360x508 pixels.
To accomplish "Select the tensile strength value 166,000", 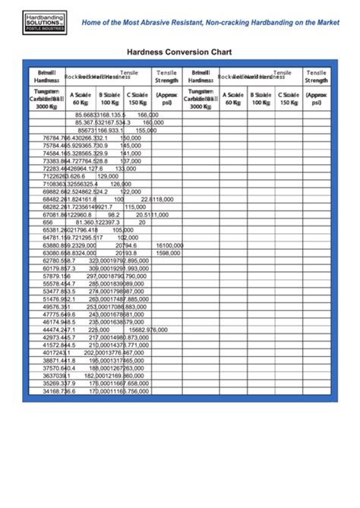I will tap(148, 114).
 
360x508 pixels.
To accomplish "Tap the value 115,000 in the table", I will tap(135, 207).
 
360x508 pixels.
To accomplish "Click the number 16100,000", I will tap(169, 245).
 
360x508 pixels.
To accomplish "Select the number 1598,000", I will tap(168, 253).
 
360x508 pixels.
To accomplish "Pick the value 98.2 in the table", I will tap(114, 215).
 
